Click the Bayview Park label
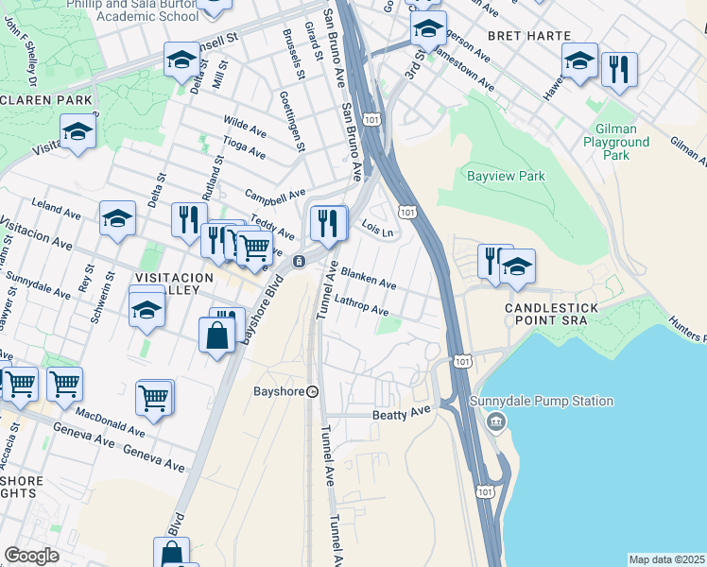(506, 176)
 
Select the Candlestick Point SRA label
(546, 315)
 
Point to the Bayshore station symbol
(312, 391)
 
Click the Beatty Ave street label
(402, 410)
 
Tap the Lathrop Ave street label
(360, 304)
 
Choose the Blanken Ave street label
(368, 276)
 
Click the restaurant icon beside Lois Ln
(328, 223)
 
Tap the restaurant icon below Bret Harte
(619, 69)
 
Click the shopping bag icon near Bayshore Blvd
(217, 335)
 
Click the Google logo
(32, 556)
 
